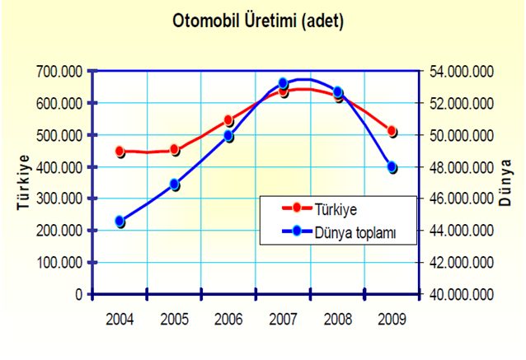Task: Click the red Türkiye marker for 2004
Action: [x=120, y=152]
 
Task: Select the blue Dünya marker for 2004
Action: [x=120, y=221]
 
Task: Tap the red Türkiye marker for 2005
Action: [x=175, y=149]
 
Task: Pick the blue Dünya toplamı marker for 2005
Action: [x=175, y=185]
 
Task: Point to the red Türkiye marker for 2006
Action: [x=229, y=120]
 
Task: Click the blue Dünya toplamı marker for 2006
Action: [x=229, y=136]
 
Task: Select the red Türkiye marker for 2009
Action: [x=392, y=131]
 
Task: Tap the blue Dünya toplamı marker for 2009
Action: [x=392, y=167]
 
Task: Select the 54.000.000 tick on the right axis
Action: [x=462, y=72]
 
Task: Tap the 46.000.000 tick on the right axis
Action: [x=462, y=199]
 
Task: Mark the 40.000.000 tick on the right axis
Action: [x=462, y=294]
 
